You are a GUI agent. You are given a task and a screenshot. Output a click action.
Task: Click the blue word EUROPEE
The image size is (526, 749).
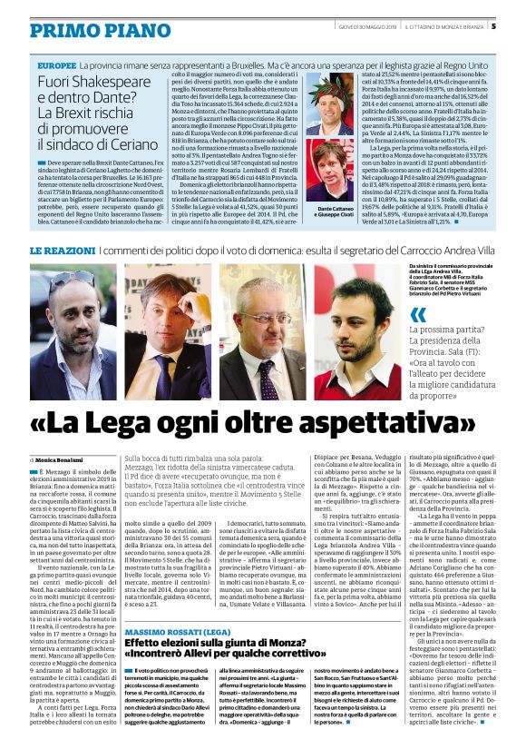[57, 67]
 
